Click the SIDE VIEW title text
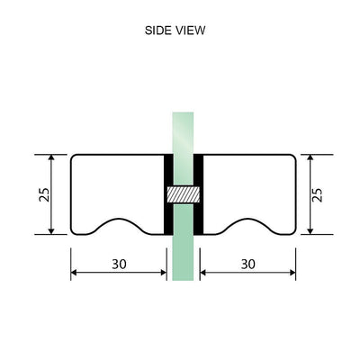click(175, 30)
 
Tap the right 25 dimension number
click(317, 193)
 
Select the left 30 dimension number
click(119, 264)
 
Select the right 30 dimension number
click(248, 264)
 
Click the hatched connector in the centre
click(183, 193)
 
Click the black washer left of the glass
click(167, 193)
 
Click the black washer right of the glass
click(198, 193)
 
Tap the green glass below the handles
click(183, 261)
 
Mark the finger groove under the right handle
click(247, 226)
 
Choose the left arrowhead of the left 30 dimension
click(75, 271)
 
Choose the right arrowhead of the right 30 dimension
click(292, 271)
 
